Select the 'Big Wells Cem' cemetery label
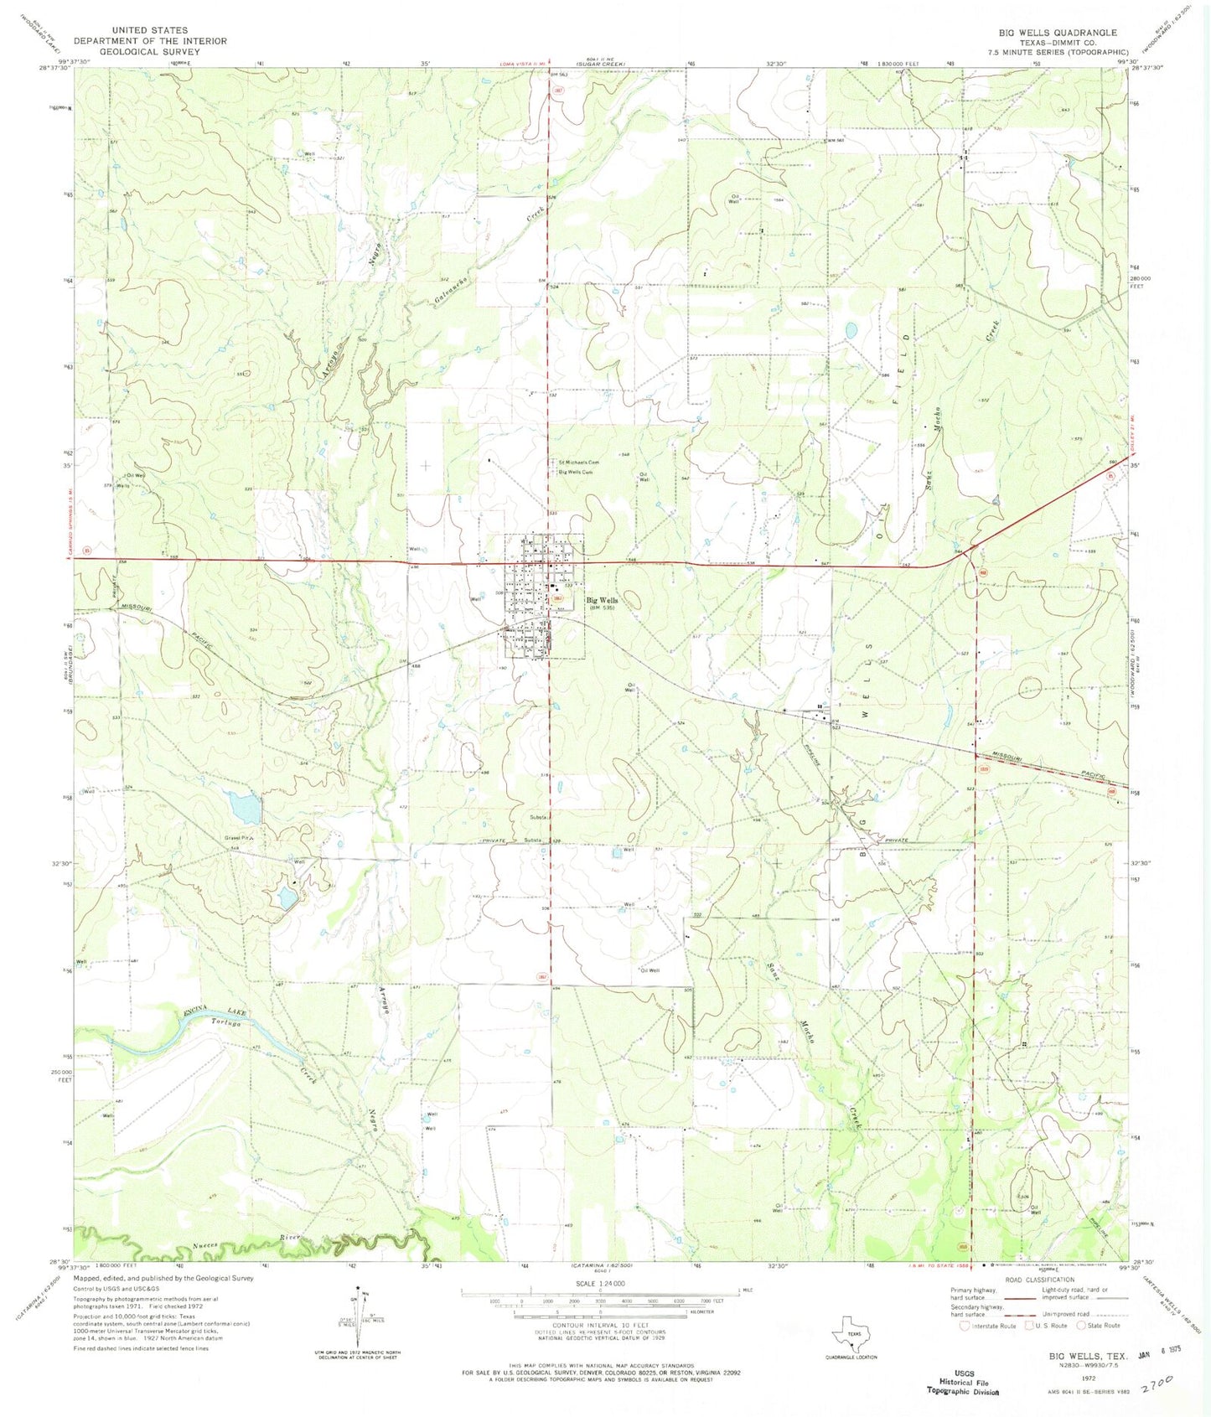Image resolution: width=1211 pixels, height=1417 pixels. (576, 472)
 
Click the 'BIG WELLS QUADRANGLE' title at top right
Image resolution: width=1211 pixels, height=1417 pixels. (1057, 33)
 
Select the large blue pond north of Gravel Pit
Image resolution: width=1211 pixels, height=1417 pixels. (245, 807)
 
